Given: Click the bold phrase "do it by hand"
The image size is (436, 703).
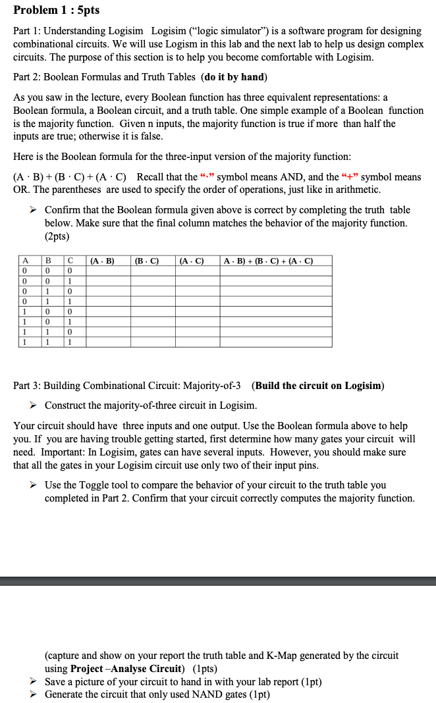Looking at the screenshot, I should tap(234, 77).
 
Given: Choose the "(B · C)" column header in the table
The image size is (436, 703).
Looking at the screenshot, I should tap(146, 261).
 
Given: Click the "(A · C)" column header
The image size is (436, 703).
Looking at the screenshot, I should tap(190, 261).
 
